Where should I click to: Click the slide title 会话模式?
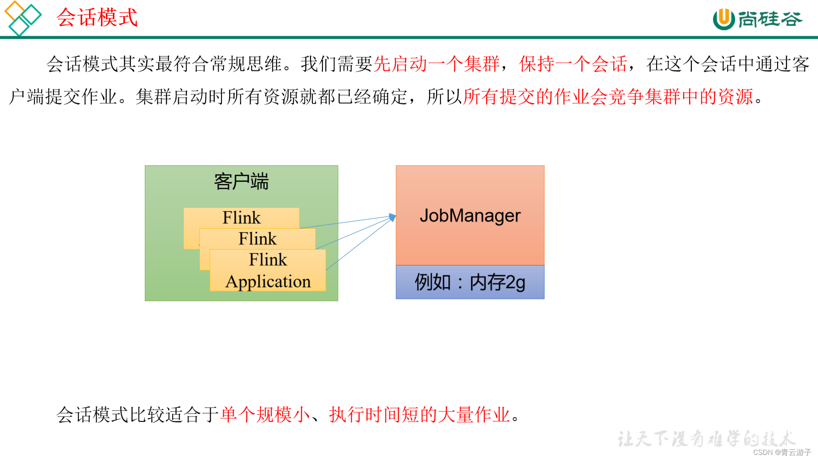[x=97, y=18]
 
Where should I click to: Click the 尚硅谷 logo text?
[x=770, y=19]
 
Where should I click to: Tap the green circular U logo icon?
[x=723, y=19]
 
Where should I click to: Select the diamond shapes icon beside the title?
[x=22, y=18]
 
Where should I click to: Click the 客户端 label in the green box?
[x=241, y=182]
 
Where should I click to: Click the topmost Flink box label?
[x=241, y=218]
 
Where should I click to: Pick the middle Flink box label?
[x=257, y=239]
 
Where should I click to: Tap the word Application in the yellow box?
[x=268, y=282]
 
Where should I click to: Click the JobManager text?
[x=470, y=216]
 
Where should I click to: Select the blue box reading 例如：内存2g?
[x=470, y=282]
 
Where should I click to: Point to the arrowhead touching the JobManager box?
[x=392, y=218]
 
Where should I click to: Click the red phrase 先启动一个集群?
[x=436, y=64]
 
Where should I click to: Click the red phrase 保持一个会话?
[x=573, y=64]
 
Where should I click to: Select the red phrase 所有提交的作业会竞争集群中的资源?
[x=608, y=97]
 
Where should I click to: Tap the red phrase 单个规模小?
[x=265, y=414]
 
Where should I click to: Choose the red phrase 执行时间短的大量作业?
[x=419, y=414]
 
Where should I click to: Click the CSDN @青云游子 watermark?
[x=782, y=452]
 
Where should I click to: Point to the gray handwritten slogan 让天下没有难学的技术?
[x=706, y=439]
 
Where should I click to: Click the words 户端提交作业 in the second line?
[x=63, y=97]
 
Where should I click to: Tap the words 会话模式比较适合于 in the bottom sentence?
[x=138, y=414]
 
